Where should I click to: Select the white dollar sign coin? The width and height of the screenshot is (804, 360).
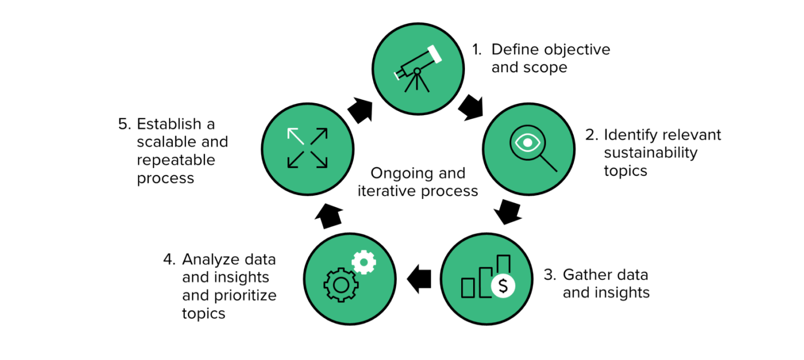tap(502, 286)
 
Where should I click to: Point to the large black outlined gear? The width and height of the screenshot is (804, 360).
tap(341, 285)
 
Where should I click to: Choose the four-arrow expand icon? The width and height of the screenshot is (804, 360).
tap(307, 149)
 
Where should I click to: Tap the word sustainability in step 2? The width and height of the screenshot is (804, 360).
tap(651, 153)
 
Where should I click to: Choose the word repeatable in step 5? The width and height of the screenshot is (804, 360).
tap(176, 160)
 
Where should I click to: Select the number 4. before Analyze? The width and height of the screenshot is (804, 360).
tap(169, 259)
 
